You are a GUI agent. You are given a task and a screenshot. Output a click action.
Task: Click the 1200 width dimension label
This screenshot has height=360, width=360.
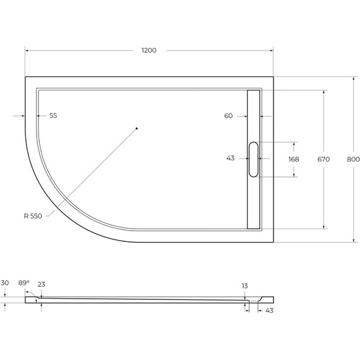tap(149, 50)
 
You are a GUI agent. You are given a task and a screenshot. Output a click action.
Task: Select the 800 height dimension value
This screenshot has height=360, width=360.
tap(353, 160)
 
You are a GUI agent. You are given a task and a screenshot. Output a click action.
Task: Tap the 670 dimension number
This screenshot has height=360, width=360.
tap(323, 160)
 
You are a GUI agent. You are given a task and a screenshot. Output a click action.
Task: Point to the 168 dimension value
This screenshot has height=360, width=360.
tap(294, 160)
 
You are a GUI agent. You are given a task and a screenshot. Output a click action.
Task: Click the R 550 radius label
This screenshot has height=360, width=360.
tap(33, 216)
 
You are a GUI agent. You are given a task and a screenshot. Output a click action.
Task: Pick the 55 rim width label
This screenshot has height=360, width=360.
tap(53, 116)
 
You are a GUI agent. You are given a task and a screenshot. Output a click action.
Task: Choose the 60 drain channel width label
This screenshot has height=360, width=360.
tap(228, 116)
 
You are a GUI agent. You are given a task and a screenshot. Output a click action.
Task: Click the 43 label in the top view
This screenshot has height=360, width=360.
tap(231, 159)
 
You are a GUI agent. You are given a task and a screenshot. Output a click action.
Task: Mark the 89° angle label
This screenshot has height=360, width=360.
tap(24, 284)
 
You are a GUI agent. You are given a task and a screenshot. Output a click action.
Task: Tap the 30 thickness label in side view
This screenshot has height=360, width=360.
tap(5, 284)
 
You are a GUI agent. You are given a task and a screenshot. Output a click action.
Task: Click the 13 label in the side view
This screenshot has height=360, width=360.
tap(244, 286)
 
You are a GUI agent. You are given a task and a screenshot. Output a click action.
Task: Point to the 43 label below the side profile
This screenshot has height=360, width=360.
tap(270, 310)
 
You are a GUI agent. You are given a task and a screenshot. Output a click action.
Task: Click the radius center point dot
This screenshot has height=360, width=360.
tap(136, 128)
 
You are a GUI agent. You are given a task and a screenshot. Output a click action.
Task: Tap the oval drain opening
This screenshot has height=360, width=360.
tap(253, 159)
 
